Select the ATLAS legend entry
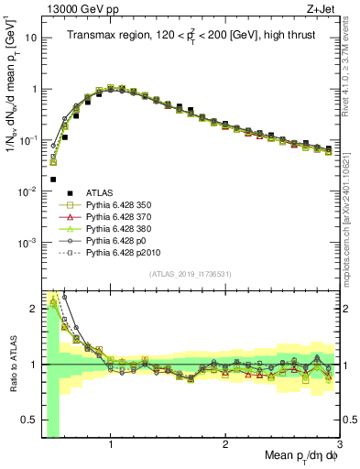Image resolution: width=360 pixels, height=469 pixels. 100,191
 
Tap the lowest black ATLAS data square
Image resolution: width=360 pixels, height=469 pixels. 53,180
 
